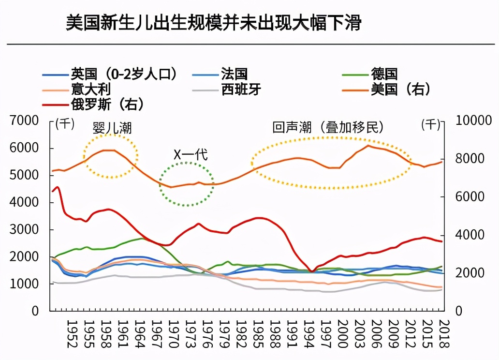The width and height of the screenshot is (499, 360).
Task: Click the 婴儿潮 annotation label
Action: click(112, 128)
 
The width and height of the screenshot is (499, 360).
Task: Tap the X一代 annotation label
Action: click(191, 155)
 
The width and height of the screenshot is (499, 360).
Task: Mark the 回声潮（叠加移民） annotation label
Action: click(328, 127)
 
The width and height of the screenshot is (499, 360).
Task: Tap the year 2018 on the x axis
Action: click(444, 333)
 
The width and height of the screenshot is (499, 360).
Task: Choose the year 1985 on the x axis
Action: click(258, 333)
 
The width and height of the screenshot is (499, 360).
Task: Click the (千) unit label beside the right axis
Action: click(431, 124)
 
